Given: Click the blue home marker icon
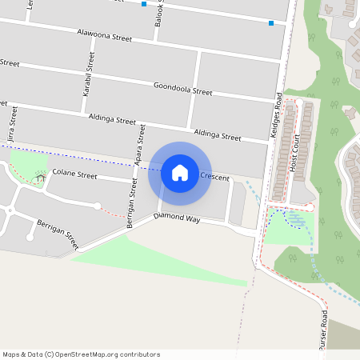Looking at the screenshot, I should click(x=180, y=173).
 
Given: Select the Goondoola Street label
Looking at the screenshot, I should click(x=182, y=88).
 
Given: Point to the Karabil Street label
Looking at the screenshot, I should click(x=90, y=74).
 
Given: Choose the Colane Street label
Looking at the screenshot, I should click(x=74, y=174).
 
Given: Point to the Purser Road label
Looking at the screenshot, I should click(x=324, y=329).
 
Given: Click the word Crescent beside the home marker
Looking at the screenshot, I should click(x=215, y=177).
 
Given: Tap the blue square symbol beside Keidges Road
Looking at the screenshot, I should click(x=272, y=23).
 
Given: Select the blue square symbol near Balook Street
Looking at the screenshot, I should click(x=144, y=4).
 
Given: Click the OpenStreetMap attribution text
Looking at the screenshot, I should click(x=81, y=354).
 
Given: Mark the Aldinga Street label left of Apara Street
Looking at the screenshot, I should click(x=113, y=119).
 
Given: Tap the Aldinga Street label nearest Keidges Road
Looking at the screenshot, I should click(x=217, y=135).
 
